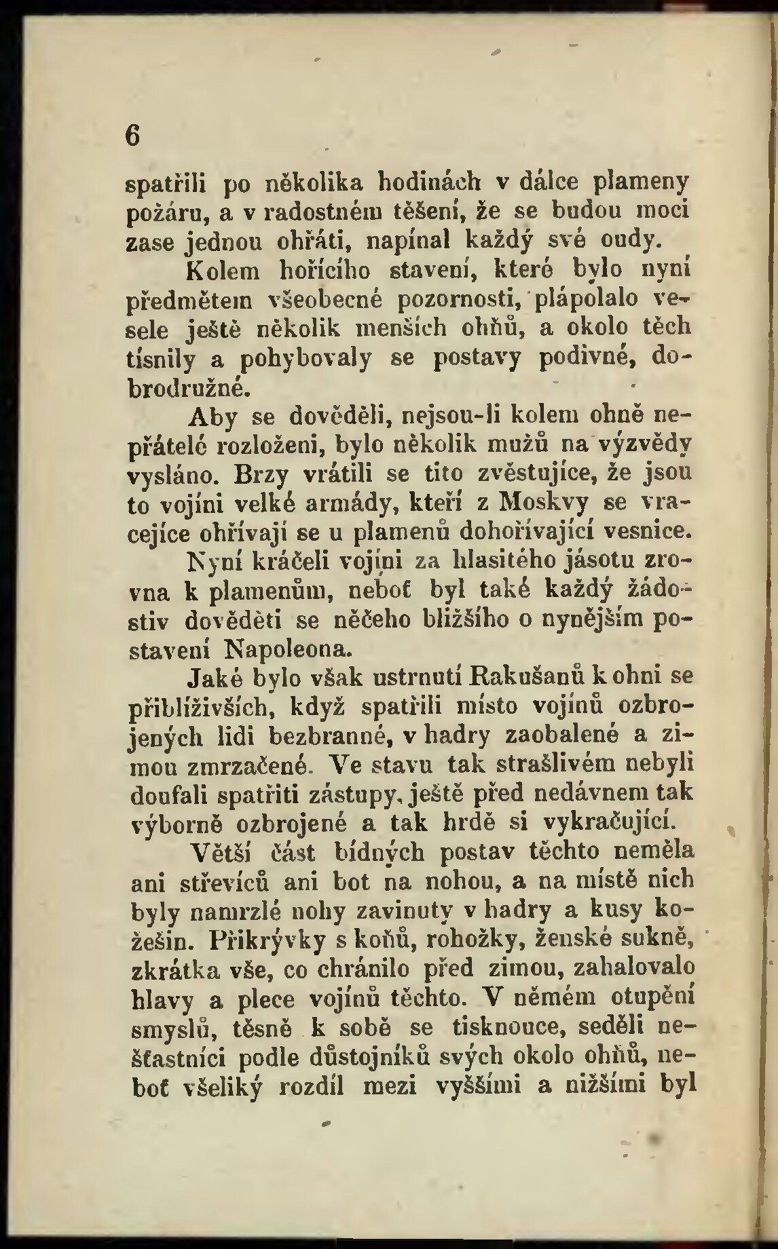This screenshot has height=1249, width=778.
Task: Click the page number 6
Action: [x=132, y=133]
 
